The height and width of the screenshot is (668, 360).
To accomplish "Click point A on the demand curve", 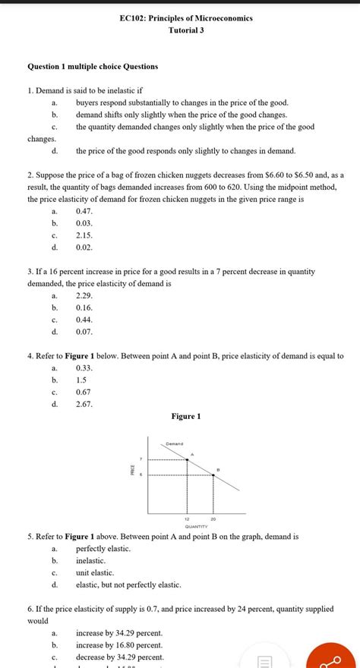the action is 187,460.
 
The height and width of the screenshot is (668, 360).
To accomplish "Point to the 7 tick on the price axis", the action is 140,459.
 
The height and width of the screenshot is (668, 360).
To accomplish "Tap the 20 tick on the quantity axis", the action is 213,518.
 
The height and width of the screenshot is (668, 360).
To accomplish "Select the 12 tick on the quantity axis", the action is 187,518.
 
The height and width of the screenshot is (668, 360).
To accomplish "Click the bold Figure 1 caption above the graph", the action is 187,416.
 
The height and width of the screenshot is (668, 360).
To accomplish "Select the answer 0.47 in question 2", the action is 84,210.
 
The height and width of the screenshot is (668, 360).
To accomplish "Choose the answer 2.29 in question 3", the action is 84,295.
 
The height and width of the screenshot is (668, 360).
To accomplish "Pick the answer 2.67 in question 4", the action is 84,404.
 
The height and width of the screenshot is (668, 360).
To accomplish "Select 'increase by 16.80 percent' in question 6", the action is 119,644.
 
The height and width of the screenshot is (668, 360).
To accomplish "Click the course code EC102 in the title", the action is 136,17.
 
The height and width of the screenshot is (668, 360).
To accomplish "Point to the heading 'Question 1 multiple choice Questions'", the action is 93,66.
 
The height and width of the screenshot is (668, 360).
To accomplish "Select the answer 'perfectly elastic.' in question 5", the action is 103,548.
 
